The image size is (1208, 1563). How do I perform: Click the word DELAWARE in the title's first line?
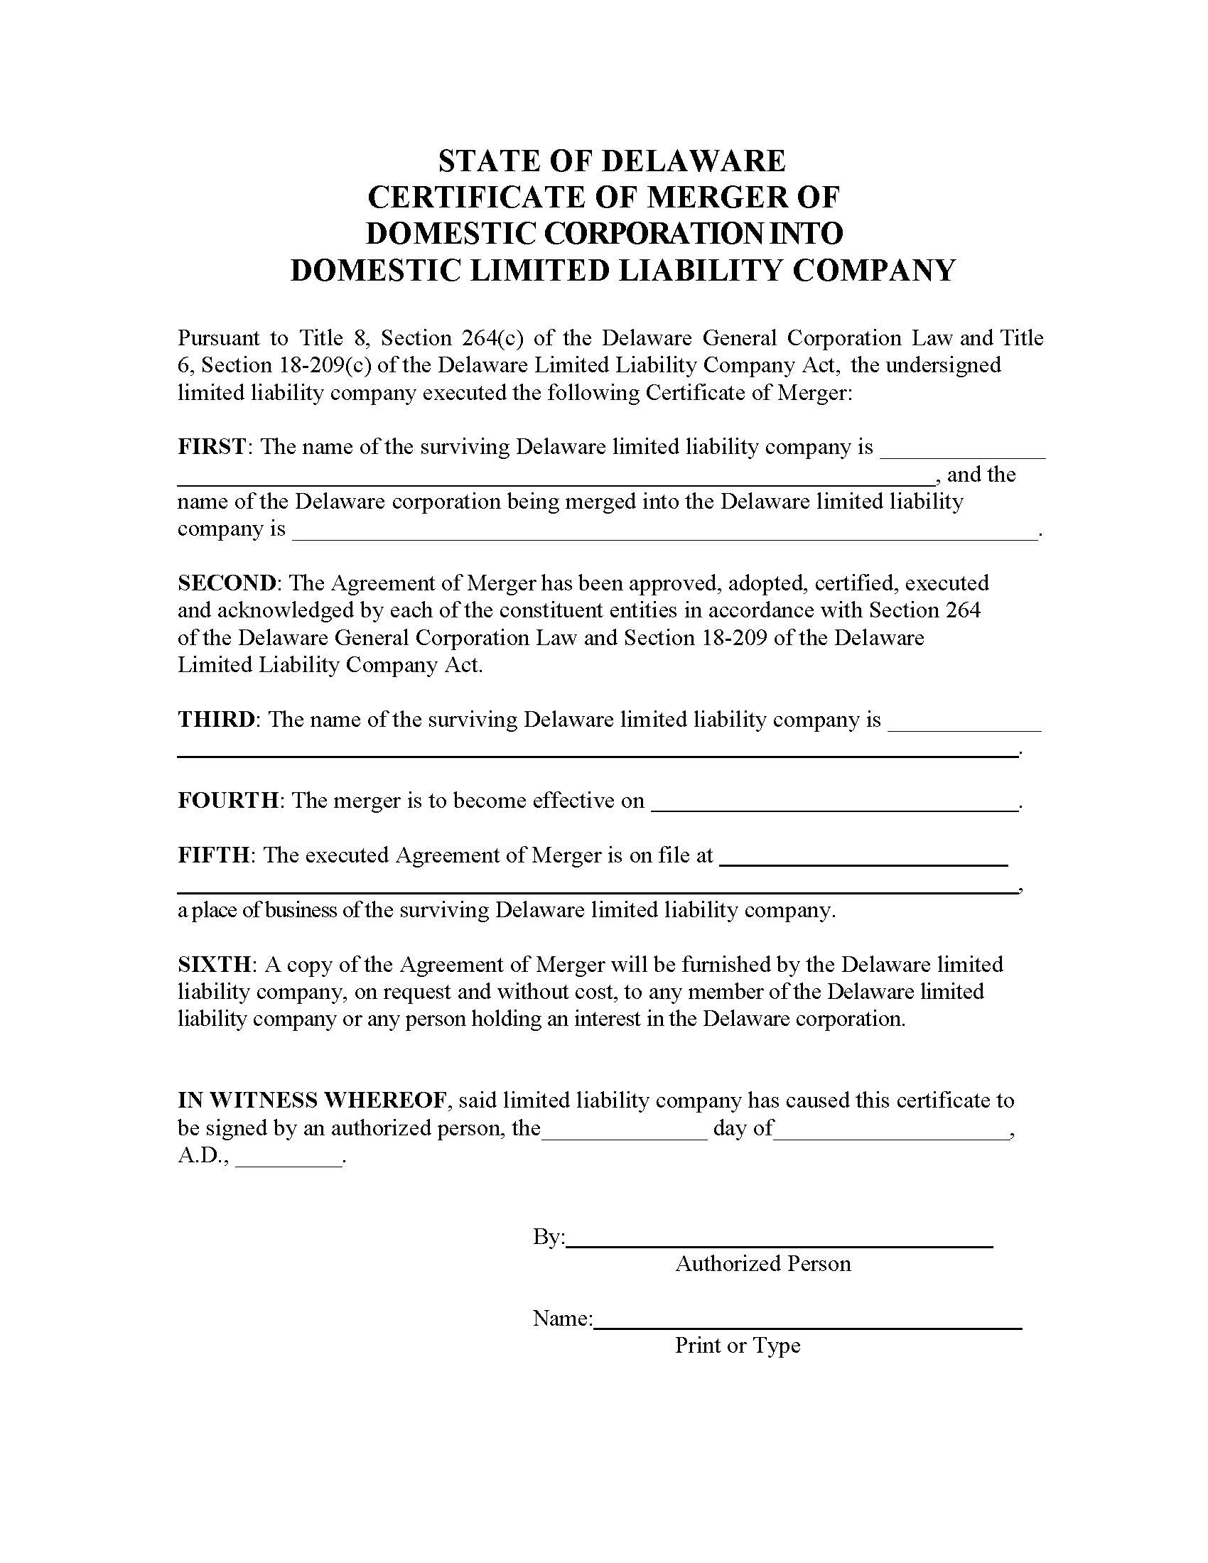pyautogui.click(x=693, y=161)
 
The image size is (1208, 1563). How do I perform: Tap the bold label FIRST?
pyautogui.click(x=212, y=448)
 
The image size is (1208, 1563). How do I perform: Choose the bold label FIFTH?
pyautogui.click(x=213, y=855)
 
